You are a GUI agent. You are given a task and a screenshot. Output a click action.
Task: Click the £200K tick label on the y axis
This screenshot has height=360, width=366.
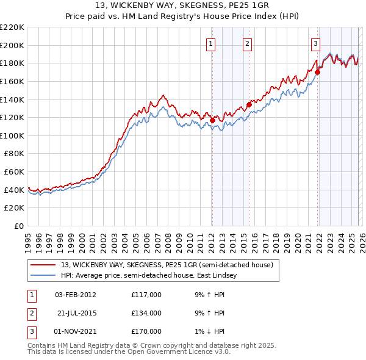coord(12,45)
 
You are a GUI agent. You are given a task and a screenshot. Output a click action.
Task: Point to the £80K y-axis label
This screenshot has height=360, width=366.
coord(14,154)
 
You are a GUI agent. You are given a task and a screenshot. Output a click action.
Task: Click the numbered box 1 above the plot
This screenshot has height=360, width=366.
coord(210,43)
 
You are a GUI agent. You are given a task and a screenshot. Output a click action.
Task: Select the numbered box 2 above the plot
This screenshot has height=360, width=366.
coord(247,43)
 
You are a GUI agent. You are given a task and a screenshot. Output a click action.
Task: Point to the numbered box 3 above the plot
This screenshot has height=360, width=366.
coord(315,43)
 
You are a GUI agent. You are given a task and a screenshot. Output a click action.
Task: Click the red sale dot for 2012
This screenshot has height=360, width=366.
coord(212,120)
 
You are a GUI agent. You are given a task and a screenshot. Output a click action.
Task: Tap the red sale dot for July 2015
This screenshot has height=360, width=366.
coord(249,104)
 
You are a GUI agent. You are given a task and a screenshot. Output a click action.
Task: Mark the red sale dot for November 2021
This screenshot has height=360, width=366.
coord(318,72)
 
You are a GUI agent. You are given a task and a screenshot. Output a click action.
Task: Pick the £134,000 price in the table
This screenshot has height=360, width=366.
coord(146,313)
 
